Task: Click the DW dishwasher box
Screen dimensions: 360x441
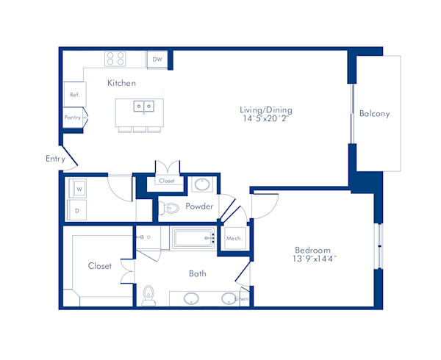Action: coord(157,60)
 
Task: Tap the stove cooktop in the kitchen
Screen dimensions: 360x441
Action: coord(115,58)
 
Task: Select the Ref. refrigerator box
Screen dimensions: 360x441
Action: coord(74,95)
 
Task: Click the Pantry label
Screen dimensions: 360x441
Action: coord(72,118)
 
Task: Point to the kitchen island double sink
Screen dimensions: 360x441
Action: coord(143,107)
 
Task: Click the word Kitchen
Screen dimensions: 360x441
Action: coord(121,83)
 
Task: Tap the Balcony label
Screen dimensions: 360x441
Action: coord(375,114)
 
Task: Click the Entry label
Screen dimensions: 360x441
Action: coord(55,158)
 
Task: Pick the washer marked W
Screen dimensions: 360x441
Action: coord(79,188)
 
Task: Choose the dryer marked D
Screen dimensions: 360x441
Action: coord(78,210)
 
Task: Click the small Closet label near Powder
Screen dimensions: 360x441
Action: coord(166,181)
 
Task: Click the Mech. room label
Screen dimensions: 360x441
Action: coord(234,240)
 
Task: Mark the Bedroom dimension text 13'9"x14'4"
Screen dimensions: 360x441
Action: coord(313,259)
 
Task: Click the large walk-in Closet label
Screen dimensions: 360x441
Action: coord(100,266)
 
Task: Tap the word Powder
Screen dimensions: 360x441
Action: coord(199,206)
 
